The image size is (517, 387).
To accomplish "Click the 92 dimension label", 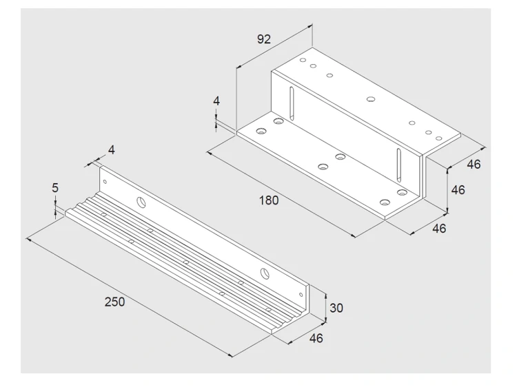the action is tap(264, 39).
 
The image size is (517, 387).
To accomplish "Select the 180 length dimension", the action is tap(269, 200).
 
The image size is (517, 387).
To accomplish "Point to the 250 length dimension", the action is tap(114, 302).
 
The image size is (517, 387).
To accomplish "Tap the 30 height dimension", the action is tap(336, 308).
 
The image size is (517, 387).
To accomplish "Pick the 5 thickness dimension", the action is tap(55, 188).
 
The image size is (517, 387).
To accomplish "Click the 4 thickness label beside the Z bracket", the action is tap(216, 101).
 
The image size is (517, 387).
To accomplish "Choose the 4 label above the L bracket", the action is tap(112, 150).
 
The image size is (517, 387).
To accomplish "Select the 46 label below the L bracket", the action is tap(316, 338).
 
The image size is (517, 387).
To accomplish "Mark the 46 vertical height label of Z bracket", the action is tap(458, 190).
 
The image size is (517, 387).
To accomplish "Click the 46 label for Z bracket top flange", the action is tap(474, 164).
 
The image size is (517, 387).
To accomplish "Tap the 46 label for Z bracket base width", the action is tap(439, 228).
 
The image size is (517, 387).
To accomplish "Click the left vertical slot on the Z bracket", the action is tap(292, 103).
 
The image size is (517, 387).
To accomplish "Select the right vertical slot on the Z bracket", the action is tap(398, 165).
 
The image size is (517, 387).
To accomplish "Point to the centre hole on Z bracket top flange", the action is tap(371, 98).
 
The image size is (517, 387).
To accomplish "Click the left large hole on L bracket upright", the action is tap(141, 202).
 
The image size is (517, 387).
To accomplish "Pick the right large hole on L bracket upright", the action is tap(265, 273).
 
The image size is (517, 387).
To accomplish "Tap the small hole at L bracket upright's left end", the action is tap(105, 182).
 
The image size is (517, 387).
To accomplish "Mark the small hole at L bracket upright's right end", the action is tap(301, 295).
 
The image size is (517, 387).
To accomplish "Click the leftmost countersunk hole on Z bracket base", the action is tap(261, 131).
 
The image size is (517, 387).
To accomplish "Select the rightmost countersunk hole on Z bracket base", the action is tap(402, 192).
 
